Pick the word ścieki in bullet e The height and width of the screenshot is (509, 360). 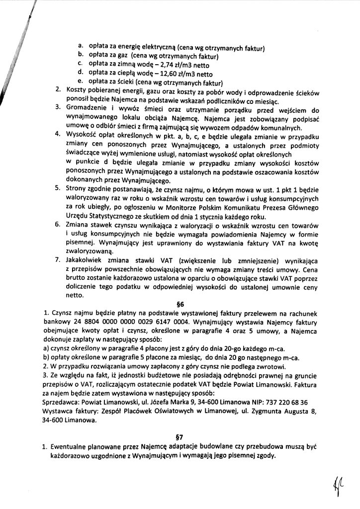point(130,82)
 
